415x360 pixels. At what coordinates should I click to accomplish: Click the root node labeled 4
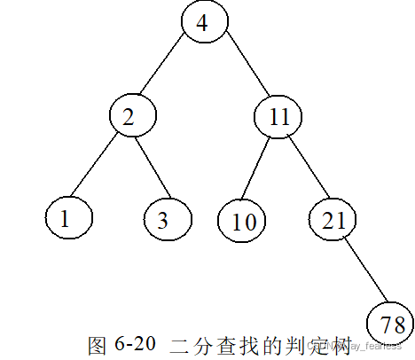click(203, 22)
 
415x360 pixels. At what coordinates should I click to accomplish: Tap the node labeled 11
click(278, 117)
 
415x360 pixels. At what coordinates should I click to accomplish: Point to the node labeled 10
click(242, 221)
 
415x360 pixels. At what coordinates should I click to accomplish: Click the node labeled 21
click(333, 219)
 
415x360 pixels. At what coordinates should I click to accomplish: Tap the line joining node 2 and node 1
click(98, 168)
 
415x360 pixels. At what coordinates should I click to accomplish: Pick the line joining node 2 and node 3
click(149, 168)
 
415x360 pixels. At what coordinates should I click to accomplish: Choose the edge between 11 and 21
click(306, 168)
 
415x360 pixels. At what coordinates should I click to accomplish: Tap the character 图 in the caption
click(98, 344)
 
